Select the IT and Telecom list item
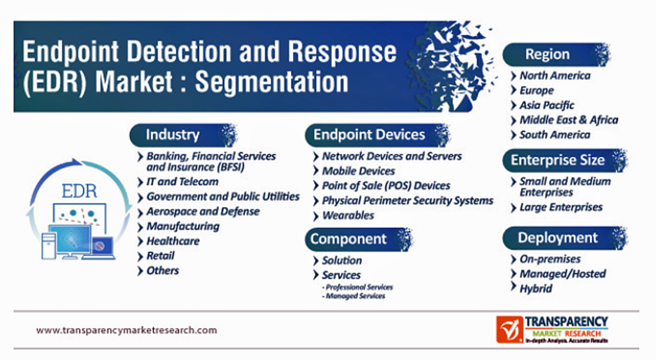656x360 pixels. point(183,181)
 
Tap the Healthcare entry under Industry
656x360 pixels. point(173,241)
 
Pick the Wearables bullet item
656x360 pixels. point(348,215)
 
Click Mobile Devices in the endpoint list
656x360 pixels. point(359,171)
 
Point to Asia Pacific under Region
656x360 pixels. point(547,105)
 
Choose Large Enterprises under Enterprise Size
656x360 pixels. point(561,208)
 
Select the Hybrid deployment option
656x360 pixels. point(536,288)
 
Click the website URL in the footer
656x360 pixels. point(127,331)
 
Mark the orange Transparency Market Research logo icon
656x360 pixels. point(509,329)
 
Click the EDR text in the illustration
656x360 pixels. point(79,192)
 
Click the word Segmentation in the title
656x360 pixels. point(272,81)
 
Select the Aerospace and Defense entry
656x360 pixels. point(203,211)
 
